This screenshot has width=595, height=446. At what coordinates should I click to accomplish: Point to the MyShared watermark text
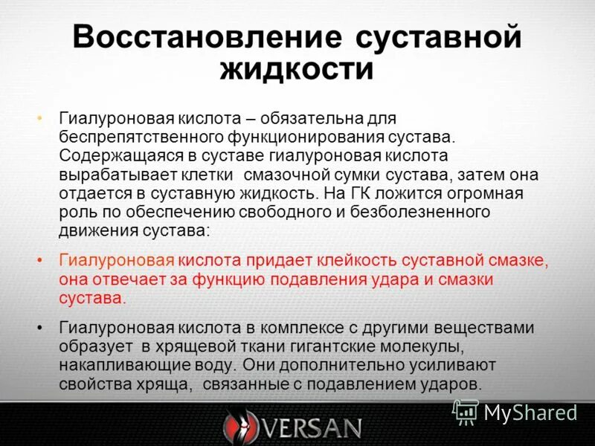(x=530, y=412)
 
